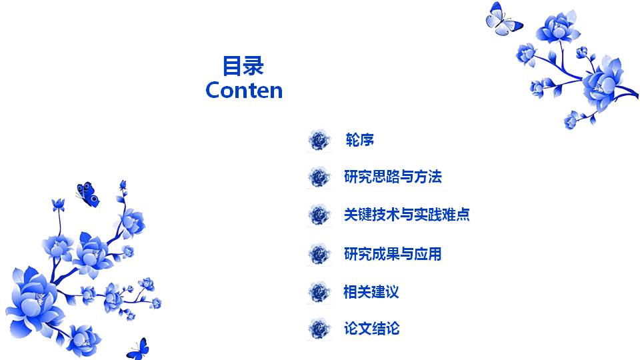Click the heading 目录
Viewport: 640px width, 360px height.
[x=243, y=66]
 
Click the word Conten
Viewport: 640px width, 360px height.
[x=244, y=90]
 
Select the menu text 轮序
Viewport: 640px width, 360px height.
[x=359, y=140]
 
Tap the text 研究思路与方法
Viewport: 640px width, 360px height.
[x=393, y=177]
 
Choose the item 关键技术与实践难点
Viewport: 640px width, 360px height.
[x=407, y=215]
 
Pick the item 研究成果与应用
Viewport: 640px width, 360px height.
[x=393, y=254]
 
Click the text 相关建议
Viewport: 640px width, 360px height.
[x=371, y=291]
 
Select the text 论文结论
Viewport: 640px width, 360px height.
[x=371, y=329]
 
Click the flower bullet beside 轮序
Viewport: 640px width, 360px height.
[x=320, y=140]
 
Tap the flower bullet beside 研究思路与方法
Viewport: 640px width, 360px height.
[x=320, y=177]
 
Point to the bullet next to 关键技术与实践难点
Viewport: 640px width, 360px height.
[x=320, y=215]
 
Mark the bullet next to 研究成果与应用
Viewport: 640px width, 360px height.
[x=320, y=254]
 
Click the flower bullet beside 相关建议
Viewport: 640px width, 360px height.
[x=320, y=291]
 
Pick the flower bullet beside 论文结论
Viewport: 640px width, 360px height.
[x=320, y=329]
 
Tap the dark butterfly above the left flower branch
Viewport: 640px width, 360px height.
[x=87, y=194]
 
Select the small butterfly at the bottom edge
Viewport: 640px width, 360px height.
[x=139, y=348]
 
